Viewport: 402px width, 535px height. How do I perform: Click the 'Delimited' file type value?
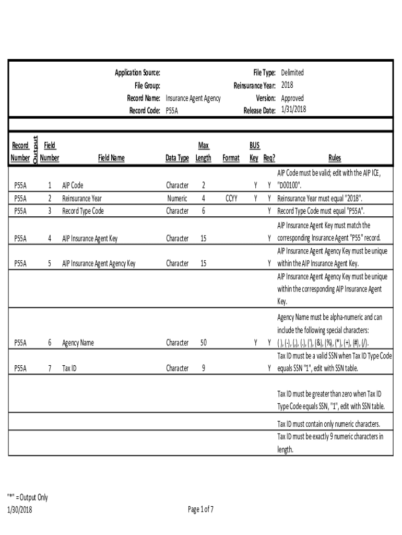pyautogui.click(x=292, y=73)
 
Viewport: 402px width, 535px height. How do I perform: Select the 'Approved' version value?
pyautogui.click(x=292, y=98)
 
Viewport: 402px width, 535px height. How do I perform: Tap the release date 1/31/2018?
pyautogui.click(x=293, y=110)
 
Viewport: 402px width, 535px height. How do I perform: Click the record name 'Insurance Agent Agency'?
pyautogui.click(x=193, y=98)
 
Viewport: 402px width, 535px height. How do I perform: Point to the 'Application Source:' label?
pyautogui.click(x=137, y=73)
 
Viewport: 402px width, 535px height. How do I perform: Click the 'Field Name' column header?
pyautogui.click(x=110, y=158)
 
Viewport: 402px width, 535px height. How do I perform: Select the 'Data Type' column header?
pyautogui.click(x=177, y=158)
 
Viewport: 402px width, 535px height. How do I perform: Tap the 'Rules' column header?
pyautogui.click(x=335, y=158)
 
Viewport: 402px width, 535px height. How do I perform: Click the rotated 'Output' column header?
pyautogui.click(x=35, y=150)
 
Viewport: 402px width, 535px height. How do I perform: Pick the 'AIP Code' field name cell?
pyautogui.click(x=73, y=185)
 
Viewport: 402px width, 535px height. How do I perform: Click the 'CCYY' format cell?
pyautogui.click(x=231, y=199)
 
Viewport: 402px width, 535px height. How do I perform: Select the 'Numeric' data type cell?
pyautogui.click(x=177, y=199)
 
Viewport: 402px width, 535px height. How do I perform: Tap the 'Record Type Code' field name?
pyautogui.click(x=83, y=211)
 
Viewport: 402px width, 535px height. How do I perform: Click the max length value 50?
pyautogui.click(x=203, y=343)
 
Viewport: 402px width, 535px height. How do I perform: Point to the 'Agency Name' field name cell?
pyautogui.click(x=78, y=343)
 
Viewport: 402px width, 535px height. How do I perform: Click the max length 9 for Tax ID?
pyautogui.click(x=203, y=368)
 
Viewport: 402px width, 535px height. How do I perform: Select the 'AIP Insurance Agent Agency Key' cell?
pyautogui.click(x=99, y=264)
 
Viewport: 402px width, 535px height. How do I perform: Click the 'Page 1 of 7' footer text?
pyautogui.click(x=200, y=510)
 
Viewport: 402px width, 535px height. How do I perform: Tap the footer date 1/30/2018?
pyautogui.click(x=20, y=510)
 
